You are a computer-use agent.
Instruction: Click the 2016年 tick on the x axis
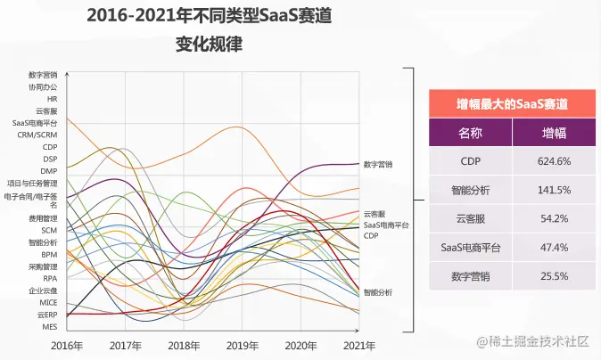(x=67, y=345)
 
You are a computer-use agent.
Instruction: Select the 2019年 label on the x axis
(x=242, y=345)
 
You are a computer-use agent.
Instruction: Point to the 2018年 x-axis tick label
(x=184, y=345)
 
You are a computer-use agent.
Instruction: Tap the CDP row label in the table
(x=471, y=161)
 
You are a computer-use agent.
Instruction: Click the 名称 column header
(x=471, y=133)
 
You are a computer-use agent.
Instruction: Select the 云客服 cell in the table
(x=471, y=218)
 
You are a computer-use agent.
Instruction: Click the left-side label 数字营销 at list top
(x=43, y=75)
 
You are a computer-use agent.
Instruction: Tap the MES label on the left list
(x=50, y=327)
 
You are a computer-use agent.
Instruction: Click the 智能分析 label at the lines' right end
(x=377, y=292)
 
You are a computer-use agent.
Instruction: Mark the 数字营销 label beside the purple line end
(x=377, y=165)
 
